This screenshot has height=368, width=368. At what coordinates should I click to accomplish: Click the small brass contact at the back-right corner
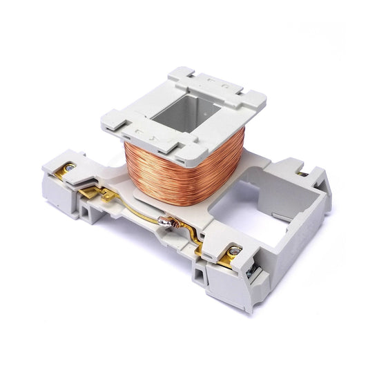click(302, 174)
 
